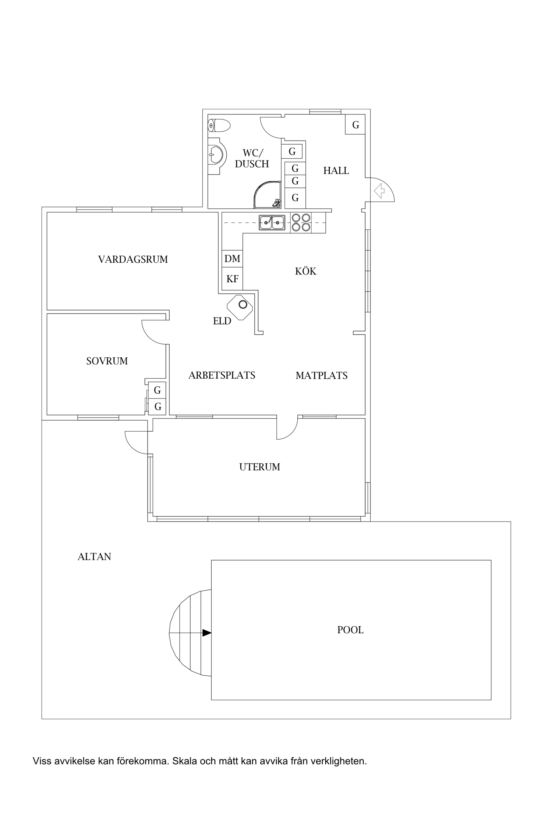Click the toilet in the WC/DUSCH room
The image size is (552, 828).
220,125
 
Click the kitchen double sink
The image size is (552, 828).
272,223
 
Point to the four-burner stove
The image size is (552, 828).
301,223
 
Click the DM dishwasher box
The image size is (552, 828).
232,259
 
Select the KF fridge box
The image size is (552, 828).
232,279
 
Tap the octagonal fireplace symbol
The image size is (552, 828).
240,307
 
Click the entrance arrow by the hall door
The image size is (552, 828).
379,191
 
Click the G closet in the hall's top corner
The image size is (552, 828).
355,125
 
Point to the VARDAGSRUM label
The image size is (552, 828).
133,259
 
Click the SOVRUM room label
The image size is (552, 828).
107,361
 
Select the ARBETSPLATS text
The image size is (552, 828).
222,375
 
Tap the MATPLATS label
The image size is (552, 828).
322,376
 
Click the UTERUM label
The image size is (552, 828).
260,467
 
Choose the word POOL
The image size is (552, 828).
350,630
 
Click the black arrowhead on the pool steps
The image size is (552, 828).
207,633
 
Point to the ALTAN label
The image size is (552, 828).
94,557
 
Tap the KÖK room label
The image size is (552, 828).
305,272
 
